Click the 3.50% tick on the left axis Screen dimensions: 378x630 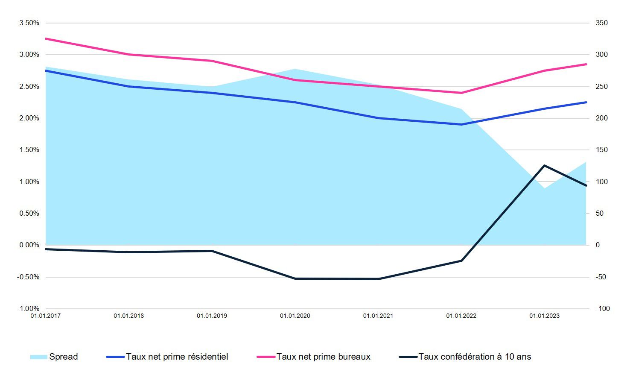click(29, 23)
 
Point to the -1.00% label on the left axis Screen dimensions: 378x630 click(28, 308)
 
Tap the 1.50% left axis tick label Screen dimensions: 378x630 click(29, 150)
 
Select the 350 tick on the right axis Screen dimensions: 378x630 click(601, 23)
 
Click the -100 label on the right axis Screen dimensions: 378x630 click(602, 308)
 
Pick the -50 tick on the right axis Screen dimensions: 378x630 click(601, 277)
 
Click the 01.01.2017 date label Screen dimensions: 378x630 click(45, 316)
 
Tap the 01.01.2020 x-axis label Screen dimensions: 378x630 click(295, 316)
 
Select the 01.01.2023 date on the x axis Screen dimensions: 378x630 click(544, 316)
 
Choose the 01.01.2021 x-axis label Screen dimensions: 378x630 click(378, 316)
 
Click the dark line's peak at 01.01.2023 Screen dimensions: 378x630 click(544, 165)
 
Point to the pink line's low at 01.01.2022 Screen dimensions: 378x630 click(461, 93)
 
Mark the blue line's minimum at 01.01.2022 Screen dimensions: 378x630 click(461, 124)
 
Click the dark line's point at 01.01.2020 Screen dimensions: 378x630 click(295, 278)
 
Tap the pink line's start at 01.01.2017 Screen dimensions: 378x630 click(46, 39)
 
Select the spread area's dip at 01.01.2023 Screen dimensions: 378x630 click(544, 188)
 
